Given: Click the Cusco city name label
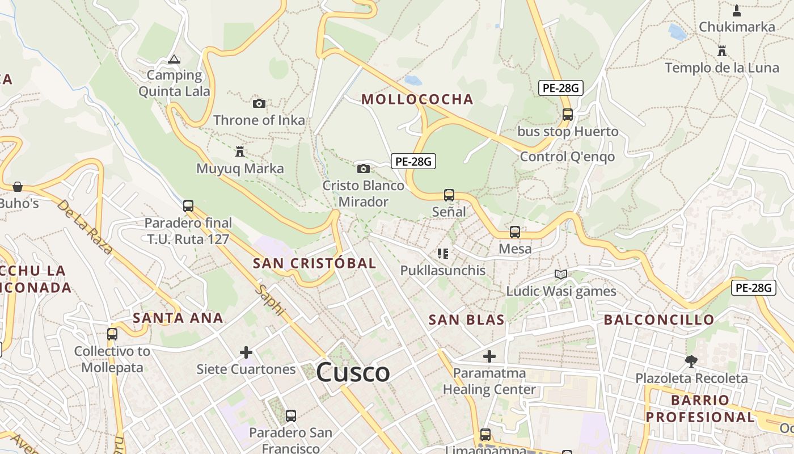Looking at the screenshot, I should point(353,373).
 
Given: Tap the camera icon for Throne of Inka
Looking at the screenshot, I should point(259,103).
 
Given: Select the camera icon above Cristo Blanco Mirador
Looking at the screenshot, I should point(364,169).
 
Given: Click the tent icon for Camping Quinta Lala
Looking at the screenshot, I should point(174,59).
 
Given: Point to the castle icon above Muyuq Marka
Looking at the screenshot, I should point(240,152).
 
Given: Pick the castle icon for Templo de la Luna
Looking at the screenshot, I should point(722,51).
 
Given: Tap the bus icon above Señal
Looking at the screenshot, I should point(449,195).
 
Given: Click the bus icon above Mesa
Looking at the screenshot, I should point(515,232).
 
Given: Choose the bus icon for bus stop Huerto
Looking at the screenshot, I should point(568,114).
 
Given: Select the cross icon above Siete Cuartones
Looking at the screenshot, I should point(246,352).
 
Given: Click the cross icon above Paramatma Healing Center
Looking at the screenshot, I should point(489,356).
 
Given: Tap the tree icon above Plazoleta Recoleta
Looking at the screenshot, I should point(691,361).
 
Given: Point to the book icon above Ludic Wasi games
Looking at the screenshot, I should point(561,275).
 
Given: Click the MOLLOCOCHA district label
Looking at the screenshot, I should point(417,99).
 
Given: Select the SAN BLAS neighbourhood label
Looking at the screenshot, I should point(466,320).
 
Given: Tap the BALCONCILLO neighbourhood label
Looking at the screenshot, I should point(658,320).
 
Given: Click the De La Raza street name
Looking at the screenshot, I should point(85,226).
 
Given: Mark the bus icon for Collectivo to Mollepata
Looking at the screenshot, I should point(112,334).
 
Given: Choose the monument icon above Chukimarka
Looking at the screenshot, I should point(737,10).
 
